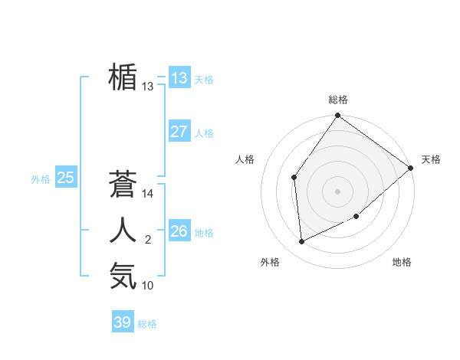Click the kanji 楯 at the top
(x=123, y=77)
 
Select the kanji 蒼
(x=123, y=184)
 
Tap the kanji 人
(x=123, y=231)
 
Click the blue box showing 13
(x=179, y=77)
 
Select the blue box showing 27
(x=179, y=131)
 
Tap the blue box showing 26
(x=179, y=231)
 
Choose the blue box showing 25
(x=65, y=178)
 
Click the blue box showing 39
(x=122, y=322)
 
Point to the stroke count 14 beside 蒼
(x=148, y=195)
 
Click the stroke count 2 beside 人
(x=148, y=241)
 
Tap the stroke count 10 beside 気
(x=148, y=286)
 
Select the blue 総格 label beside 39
(x=147, y=324)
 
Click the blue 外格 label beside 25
(x=41, y=179)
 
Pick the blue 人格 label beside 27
(x=204, y=133)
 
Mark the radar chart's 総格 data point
(x=337, y=116)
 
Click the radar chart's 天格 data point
(x=410, y=168)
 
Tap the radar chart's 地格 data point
(x=356, y=216)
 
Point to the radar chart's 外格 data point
(x=302, y=241)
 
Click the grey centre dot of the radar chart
(x=337, y=191)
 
